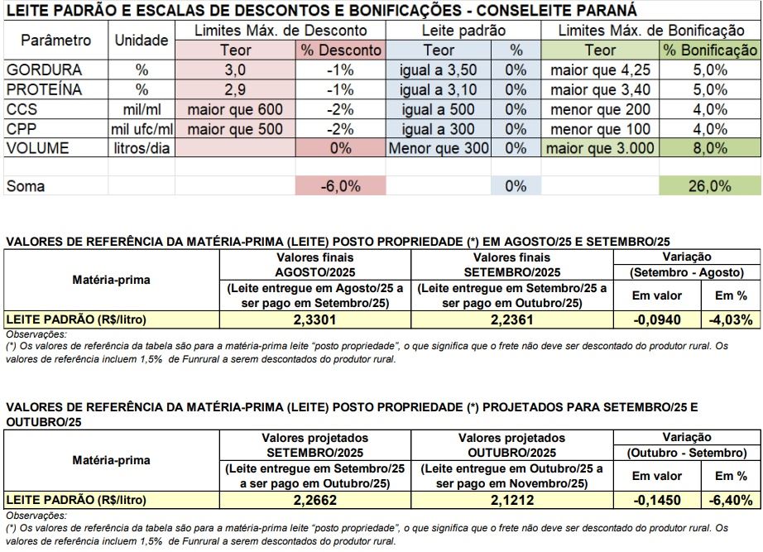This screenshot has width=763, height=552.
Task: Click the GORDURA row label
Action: click(45, 70)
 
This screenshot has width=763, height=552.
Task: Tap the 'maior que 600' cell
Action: click(235, 109)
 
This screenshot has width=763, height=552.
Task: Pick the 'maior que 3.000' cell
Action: click(600, 148)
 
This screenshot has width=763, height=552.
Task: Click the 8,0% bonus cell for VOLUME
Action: click(710, 148)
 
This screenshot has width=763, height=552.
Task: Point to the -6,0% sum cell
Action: click(340, 186)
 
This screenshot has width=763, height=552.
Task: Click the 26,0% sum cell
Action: click(710, 186)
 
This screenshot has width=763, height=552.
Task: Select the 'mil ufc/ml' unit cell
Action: click(142, 129)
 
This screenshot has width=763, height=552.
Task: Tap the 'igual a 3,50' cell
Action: click(438, 70)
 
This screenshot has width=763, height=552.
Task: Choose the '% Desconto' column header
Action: click(340, 50)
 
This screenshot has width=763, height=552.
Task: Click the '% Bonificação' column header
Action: click(710, 50)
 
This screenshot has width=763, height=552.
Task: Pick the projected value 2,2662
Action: click(314, 500)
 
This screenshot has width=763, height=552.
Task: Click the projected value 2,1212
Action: click(511, 500)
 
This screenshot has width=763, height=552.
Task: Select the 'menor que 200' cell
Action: click(600, 109)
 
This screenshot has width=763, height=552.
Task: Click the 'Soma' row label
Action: click(26, 186)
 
